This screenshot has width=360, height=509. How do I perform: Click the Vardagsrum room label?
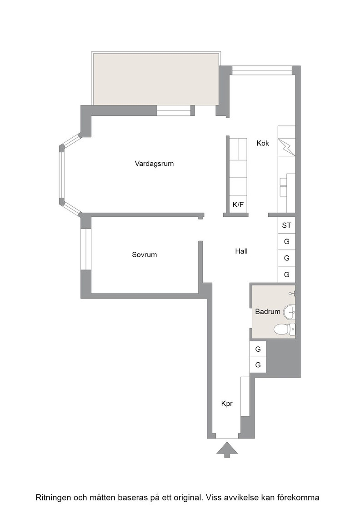(x=154, y=164)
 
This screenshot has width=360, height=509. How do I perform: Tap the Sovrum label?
(x=145, y=255)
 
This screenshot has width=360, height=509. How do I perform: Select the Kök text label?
(x=263, y=143)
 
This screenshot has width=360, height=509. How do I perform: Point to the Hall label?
(x=241, y=251)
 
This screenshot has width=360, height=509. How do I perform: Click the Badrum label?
(x=267, y=312)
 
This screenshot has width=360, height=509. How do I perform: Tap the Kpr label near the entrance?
(x=227, y=404)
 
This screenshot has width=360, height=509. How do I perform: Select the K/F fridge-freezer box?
(x=238, y=205)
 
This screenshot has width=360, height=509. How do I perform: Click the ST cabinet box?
(x=287, y=225)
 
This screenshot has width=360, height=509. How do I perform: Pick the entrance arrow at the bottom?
(x=227, y=449)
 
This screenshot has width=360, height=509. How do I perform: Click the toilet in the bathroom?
(x=285, y=329)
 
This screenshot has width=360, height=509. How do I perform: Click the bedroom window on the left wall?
(x=86, y=250)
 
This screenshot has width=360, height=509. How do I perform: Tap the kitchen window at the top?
(x=262, y=70)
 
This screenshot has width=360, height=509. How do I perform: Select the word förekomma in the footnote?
(x=300, y=498)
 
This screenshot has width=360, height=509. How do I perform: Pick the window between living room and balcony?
(x=174, y=111)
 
